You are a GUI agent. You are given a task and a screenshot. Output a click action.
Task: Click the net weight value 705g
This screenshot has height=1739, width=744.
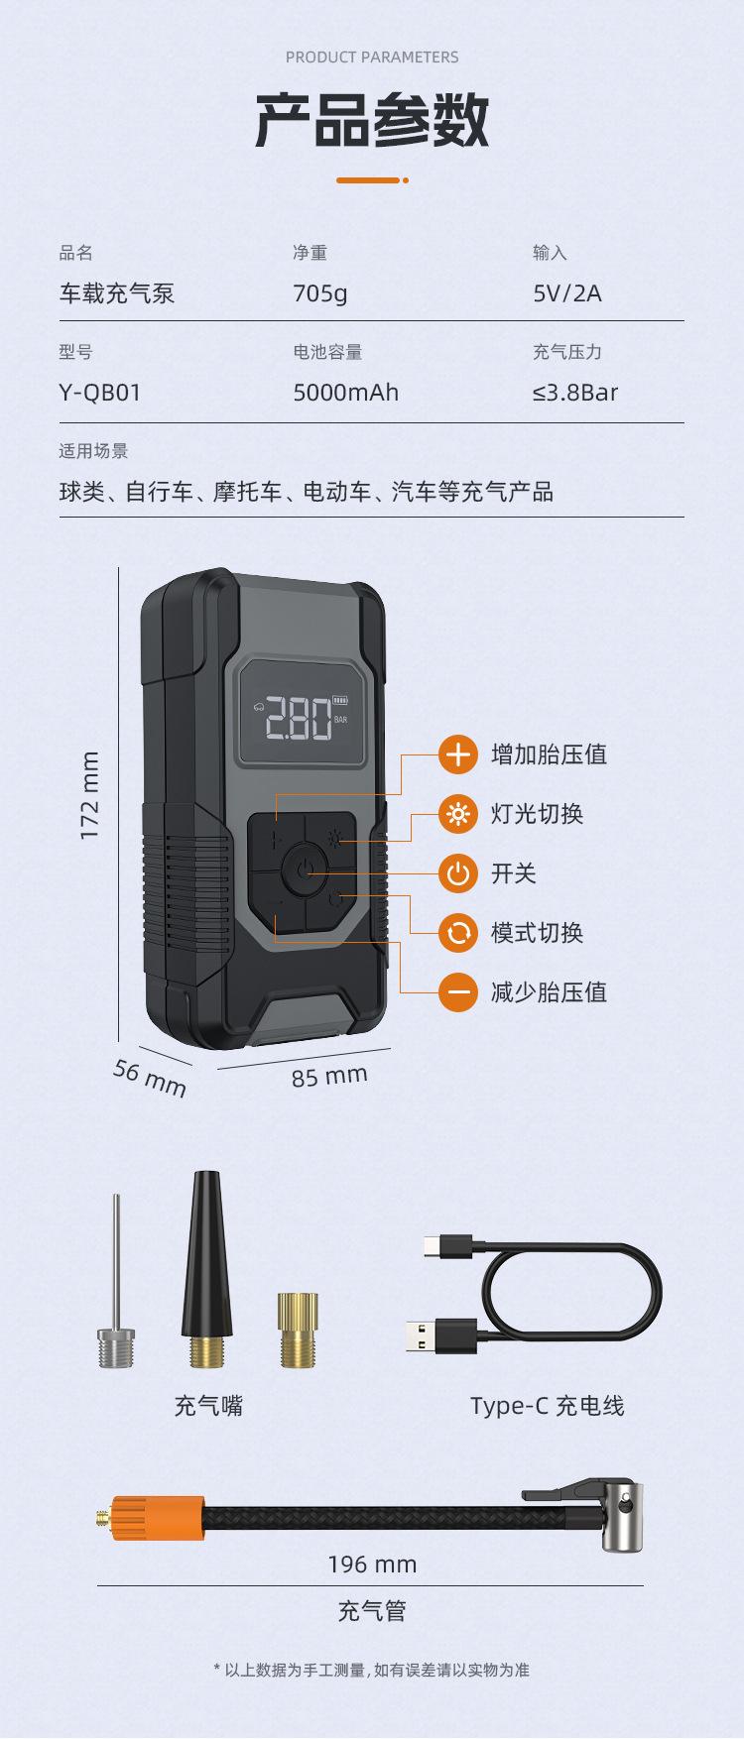pos(319,293)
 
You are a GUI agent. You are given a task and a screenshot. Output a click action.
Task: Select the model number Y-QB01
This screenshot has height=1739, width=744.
pos(99,393)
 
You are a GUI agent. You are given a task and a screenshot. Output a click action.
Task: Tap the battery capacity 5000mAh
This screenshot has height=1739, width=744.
pos(345,393)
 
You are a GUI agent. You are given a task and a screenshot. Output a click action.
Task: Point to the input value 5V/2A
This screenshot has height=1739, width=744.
pos(566,293)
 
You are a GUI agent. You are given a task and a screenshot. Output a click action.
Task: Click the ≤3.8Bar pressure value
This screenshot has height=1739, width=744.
pos(574,393)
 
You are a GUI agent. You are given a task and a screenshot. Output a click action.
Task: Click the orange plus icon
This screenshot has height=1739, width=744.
pos(458,754)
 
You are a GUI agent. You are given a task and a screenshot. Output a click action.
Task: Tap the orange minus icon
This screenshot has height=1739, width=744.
pos(458,991)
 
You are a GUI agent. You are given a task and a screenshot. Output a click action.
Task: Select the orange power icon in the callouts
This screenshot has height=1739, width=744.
pos(458,872)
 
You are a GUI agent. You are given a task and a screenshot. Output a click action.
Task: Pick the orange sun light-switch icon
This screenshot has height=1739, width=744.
pos(458,814)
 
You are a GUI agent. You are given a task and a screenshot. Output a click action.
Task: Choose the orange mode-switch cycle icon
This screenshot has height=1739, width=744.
pos(458,932)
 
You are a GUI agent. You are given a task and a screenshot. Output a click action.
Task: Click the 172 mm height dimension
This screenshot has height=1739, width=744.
pos(90,796)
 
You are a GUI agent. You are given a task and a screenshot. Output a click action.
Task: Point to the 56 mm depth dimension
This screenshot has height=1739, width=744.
pos(149,1078)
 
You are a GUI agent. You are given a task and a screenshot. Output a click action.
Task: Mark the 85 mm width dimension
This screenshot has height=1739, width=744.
pos(329,1076)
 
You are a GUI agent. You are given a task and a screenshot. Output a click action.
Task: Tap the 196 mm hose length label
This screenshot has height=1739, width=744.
pos(372,1565)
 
